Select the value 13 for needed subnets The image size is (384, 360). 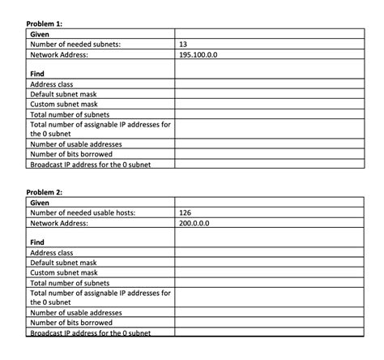pyautogui.click(x=183, y=45)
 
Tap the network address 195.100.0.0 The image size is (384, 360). pyautogui.click(x=198, y=54)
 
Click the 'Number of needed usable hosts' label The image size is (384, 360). pyautogui.click(x=82, y=212)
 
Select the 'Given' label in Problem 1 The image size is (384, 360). pyautogui.click(x=40, y=35)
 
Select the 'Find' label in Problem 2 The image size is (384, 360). pyautogui.click(x=37, y=242)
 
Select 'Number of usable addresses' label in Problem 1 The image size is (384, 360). pyautogui.click(x=75, y=144)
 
